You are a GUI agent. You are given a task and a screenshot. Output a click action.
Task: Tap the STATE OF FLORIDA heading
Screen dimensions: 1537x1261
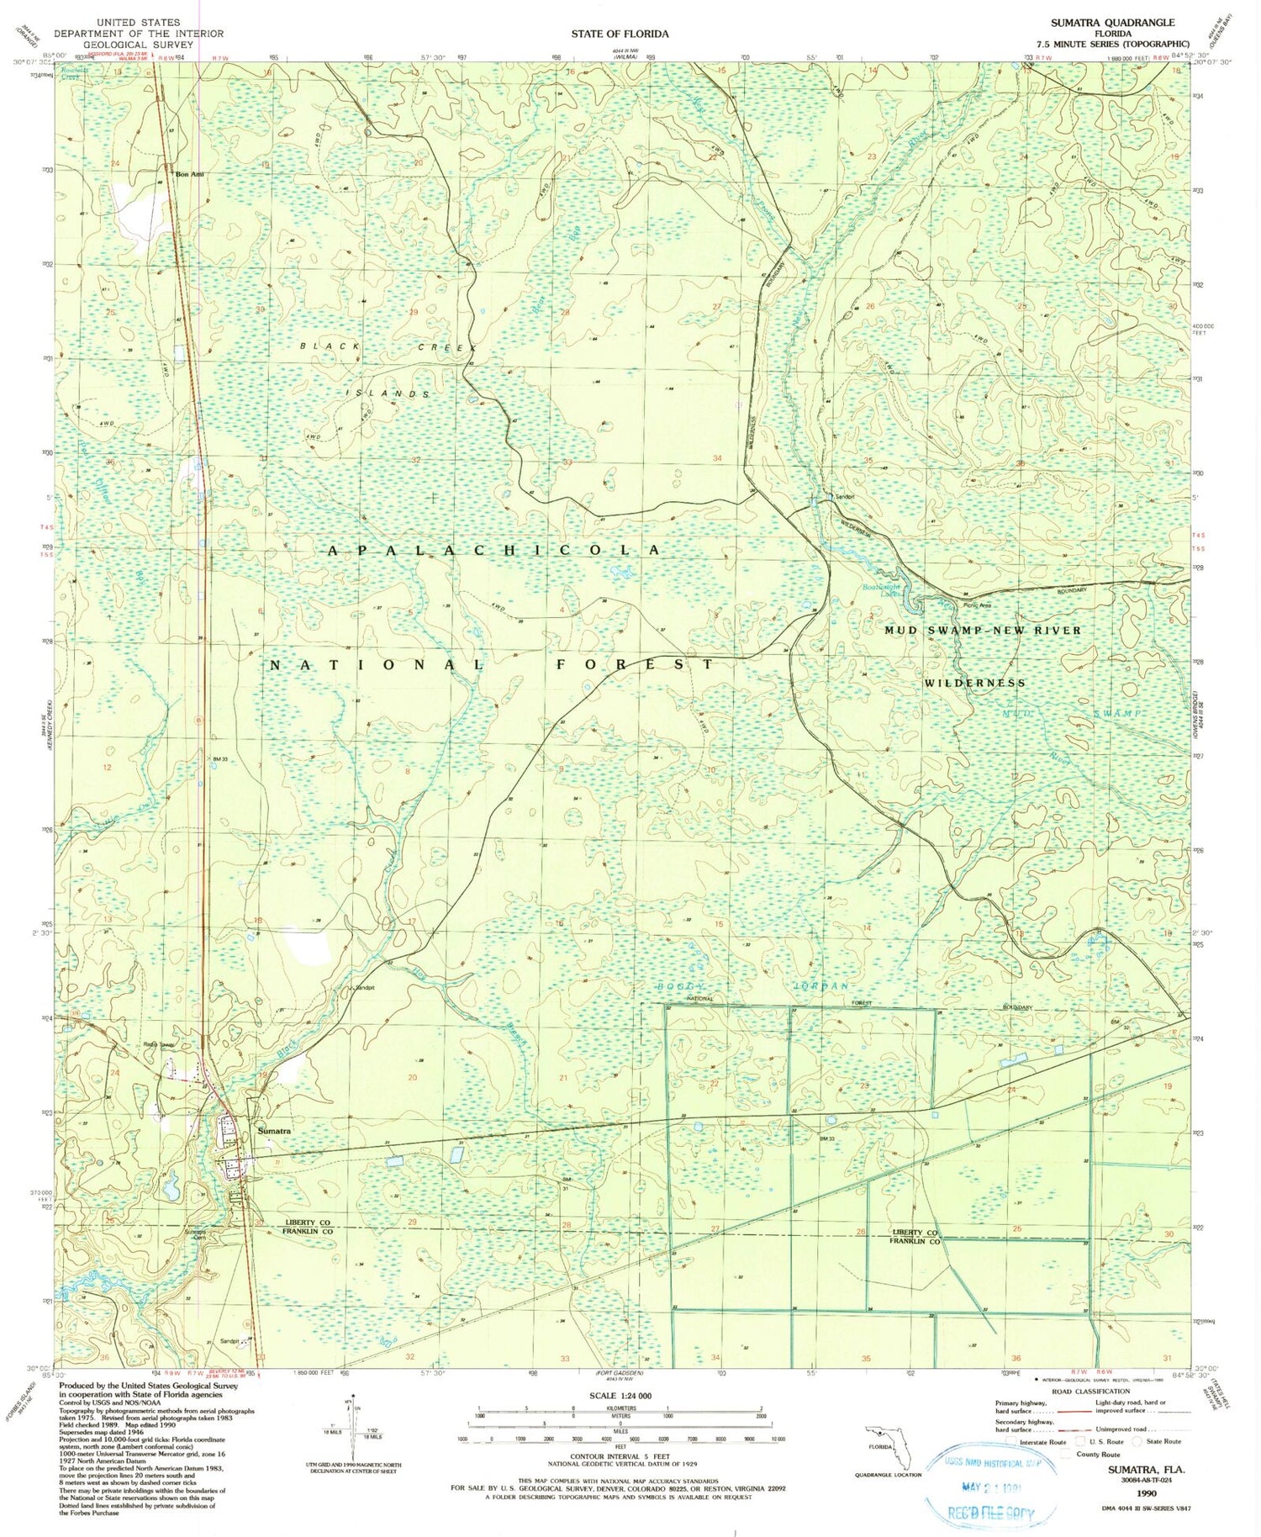pos(620,34)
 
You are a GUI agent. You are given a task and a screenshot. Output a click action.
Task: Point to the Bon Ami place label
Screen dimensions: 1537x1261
pos(190,175)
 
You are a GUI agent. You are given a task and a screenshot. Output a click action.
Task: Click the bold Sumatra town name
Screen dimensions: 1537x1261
pos(274,1131)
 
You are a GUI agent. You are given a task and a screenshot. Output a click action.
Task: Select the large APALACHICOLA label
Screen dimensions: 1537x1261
pos(493,550)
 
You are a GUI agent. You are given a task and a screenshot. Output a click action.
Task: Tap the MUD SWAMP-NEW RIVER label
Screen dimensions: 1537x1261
pos(983,630)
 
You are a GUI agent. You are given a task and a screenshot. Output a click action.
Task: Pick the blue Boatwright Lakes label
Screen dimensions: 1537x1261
pos(880,590)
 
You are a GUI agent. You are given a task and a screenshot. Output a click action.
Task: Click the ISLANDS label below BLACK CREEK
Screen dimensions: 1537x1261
pos(389,393)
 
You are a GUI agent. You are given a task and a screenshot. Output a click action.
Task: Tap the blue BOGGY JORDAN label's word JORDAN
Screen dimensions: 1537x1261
pos(821,985)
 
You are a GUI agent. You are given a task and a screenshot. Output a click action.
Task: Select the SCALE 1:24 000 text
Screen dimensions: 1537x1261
pos(620,1396)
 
